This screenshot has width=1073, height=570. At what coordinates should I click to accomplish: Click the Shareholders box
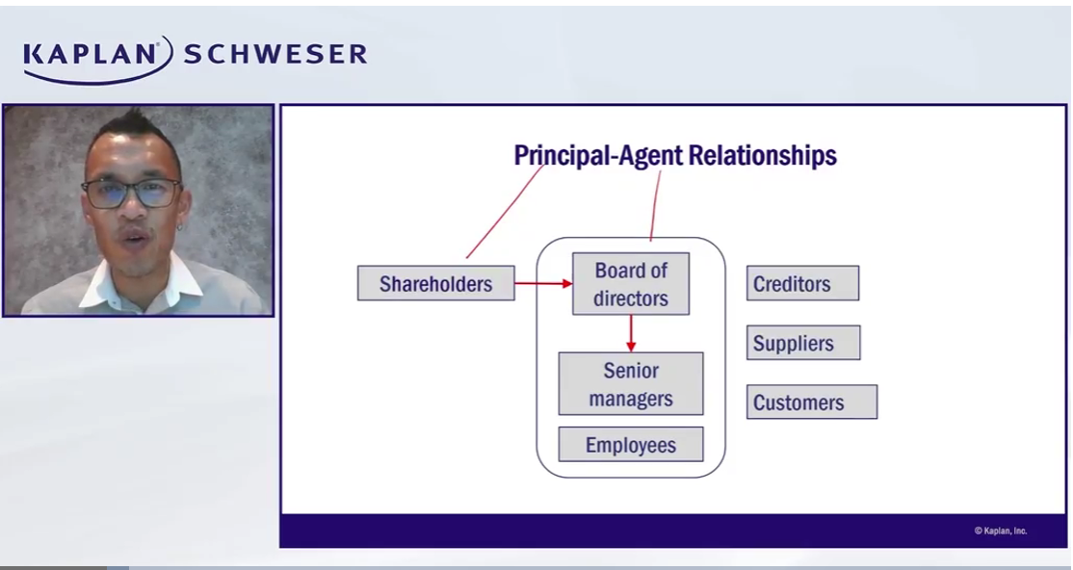pyautogui.click(x=435, y=284)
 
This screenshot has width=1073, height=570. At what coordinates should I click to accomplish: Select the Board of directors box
pyautogui.click(x=631, y=284)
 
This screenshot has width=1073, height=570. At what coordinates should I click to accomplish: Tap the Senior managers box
pyautogui.click(x=631, y=384)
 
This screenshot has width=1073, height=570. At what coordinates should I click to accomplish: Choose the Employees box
pyautogui.click(x=631, y=445)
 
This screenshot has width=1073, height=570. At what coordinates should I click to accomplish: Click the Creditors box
pyautogui.click(x=802, y=284)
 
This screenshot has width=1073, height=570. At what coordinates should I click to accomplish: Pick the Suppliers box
pyautogui.click(x=802, y=344)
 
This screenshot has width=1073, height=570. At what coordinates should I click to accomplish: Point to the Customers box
pyautogui.click(x=811, y=402)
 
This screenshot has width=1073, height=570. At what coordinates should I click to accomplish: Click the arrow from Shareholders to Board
pyautogui.click(x=543, y=284)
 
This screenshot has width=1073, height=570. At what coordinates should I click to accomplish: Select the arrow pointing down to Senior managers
pyautogui.click(x=631, y=333)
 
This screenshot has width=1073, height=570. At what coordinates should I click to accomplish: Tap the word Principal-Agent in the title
pyautogui.click(x=594, y=155)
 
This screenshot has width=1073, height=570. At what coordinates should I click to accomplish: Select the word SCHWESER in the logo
pyautogui.click(x=275, y=54)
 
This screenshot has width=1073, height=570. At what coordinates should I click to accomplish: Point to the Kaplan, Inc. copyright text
pyautogui.click(x=1000, y=531)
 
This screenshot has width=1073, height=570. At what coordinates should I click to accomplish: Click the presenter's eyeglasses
pyautogui.click(x=131, y=192)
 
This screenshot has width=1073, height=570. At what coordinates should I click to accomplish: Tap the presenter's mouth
pyautogui.click(x=135, y=237)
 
